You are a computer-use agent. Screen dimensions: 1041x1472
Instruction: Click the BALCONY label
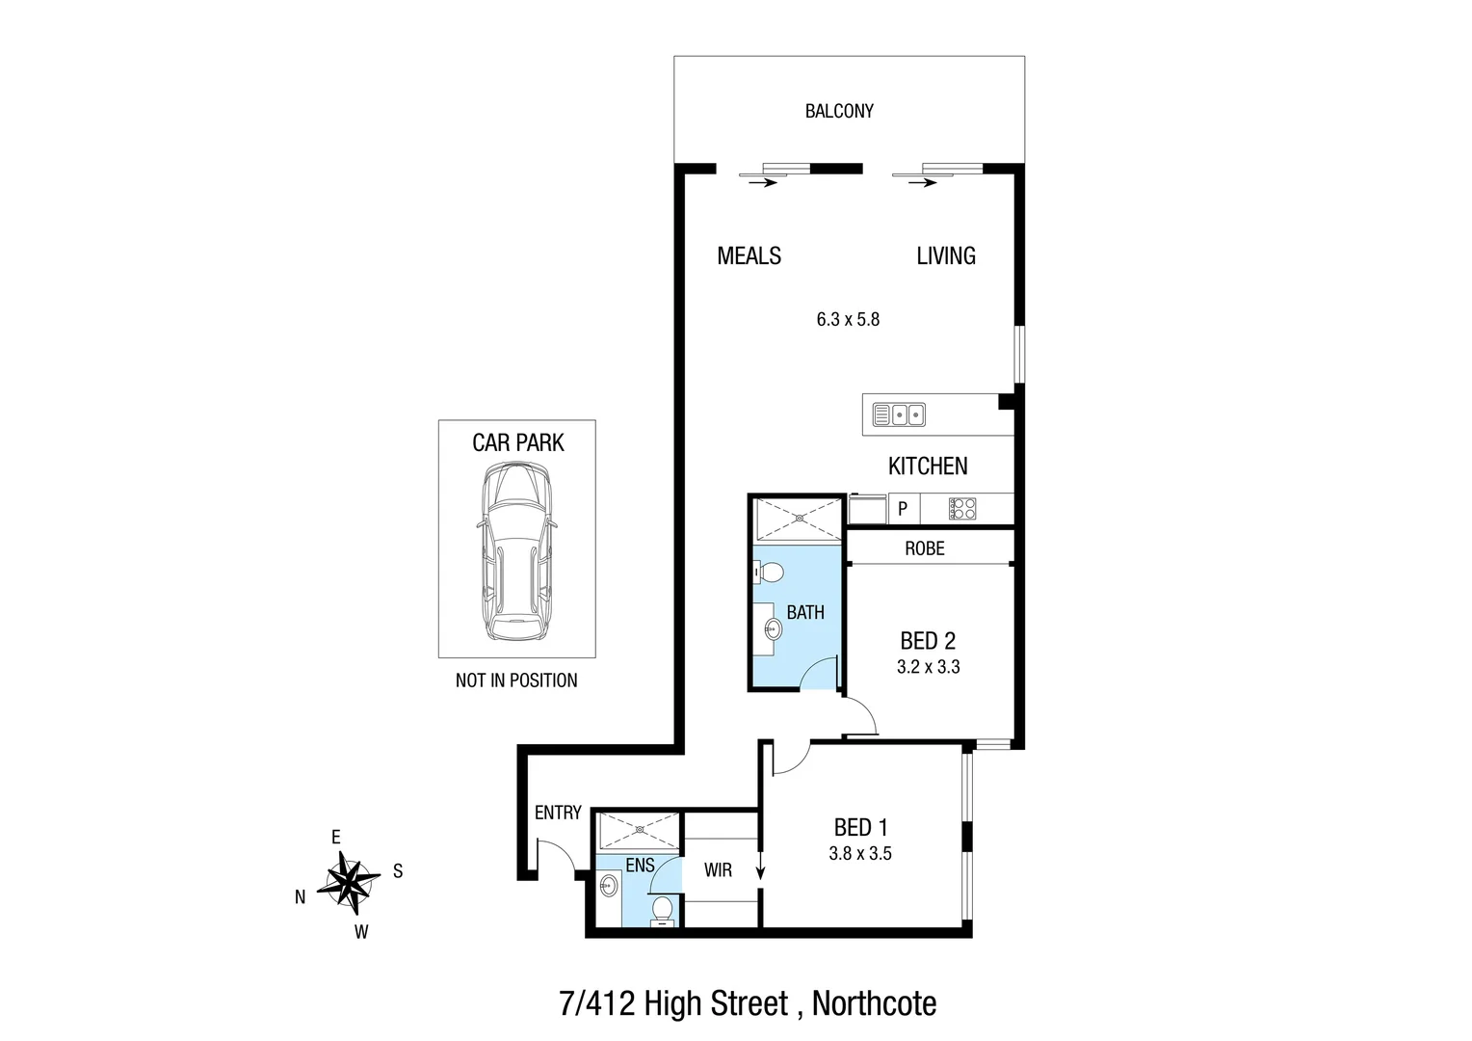tap(839, 111)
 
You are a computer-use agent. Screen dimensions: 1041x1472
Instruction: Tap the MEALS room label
tap(749, 255)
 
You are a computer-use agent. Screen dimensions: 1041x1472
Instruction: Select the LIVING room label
tap(945, 255)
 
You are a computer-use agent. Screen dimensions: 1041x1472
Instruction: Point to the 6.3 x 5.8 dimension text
tap(848, 319)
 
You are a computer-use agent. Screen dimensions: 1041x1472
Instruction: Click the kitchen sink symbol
tap(899, 414)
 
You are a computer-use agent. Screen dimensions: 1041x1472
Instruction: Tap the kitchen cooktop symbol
tap(962, 508)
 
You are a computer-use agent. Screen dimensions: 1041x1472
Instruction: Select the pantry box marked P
tap(903, 508)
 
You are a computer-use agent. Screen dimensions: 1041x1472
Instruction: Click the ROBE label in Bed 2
tap(924, 548)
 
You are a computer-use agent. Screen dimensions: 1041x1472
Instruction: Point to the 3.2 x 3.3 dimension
tap(928, 667)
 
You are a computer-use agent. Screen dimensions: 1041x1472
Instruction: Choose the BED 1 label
tap(860, 827)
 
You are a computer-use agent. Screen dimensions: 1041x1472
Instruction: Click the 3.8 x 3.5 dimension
tap(859, 853)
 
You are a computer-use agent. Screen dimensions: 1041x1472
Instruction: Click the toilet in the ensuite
tap(663, 910)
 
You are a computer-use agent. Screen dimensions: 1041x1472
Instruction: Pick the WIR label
tap(718, 870)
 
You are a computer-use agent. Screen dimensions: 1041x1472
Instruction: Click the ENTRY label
tap(558, 813)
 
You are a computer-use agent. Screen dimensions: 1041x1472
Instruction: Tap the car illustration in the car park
tap(516, 550)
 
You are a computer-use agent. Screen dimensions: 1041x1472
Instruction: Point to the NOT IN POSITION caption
tap(516, 681)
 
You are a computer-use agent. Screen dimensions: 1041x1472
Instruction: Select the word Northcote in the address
tap(874, 1003)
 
